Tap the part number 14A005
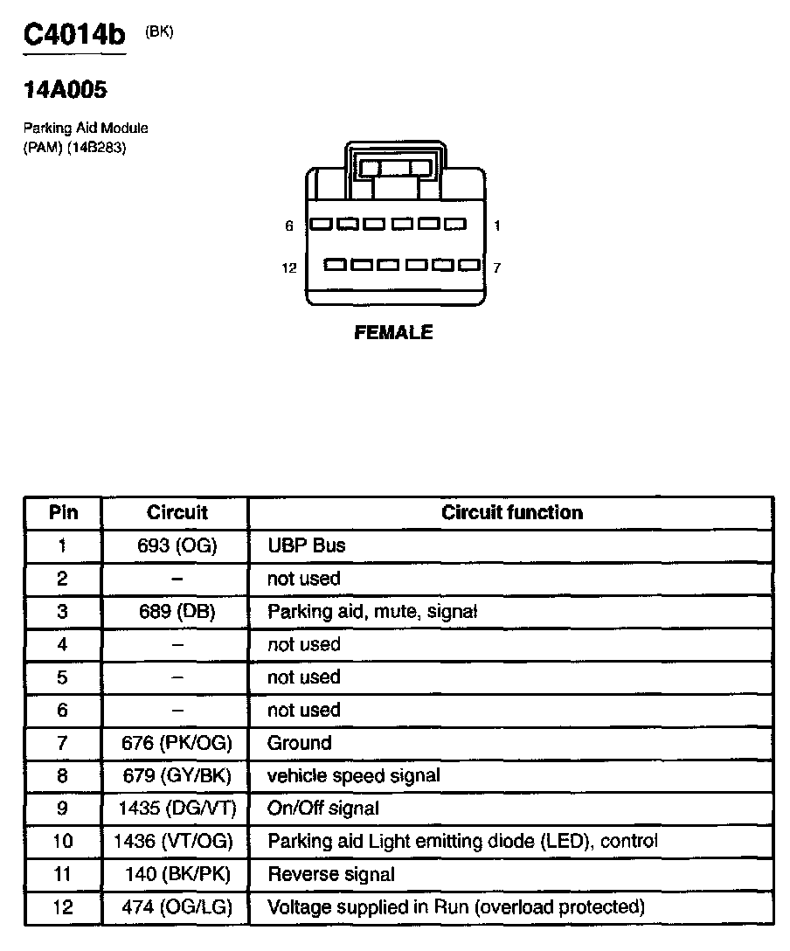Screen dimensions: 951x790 (66, 89)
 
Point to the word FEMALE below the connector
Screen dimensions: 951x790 (393, 333)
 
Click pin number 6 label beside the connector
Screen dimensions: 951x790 (289, 226)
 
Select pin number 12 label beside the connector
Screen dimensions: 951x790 (289, 267)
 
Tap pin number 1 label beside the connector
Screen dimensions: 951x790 (496, 226)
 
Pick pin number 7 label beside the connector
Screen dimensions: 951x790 (496, 267)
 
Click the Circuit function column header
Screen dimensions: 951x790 (511, 513)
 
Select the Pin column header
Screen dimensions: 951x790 (63, 513)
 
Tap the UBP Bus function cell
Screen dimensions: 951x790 (307, 546)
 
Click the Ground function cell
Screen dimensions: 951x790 (300, 744)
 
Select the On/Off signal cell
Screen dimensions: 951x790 (323, 809)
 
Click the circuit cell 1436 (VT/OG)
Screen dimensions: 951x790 (175, 842)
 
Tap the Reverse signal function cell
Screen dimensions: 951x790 (331, 874)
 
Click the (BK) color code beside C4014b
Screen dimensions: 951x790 (160, 31)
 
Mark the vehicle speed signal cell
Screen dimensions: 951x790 (354, 776)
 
